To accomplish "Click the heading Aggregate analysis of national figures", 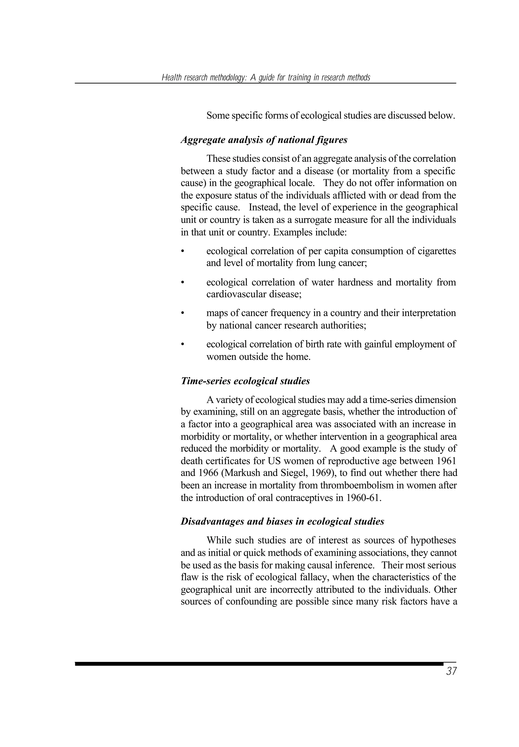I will click(264, 140).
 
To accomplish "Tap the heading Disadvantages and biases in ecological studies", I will click(282, 521).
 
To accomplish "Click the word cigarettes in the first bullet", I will click(437, 251).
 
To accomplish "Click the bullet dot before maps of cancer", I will click(183, 313).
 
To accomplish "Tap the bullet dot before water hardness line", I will click(183, 282).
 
